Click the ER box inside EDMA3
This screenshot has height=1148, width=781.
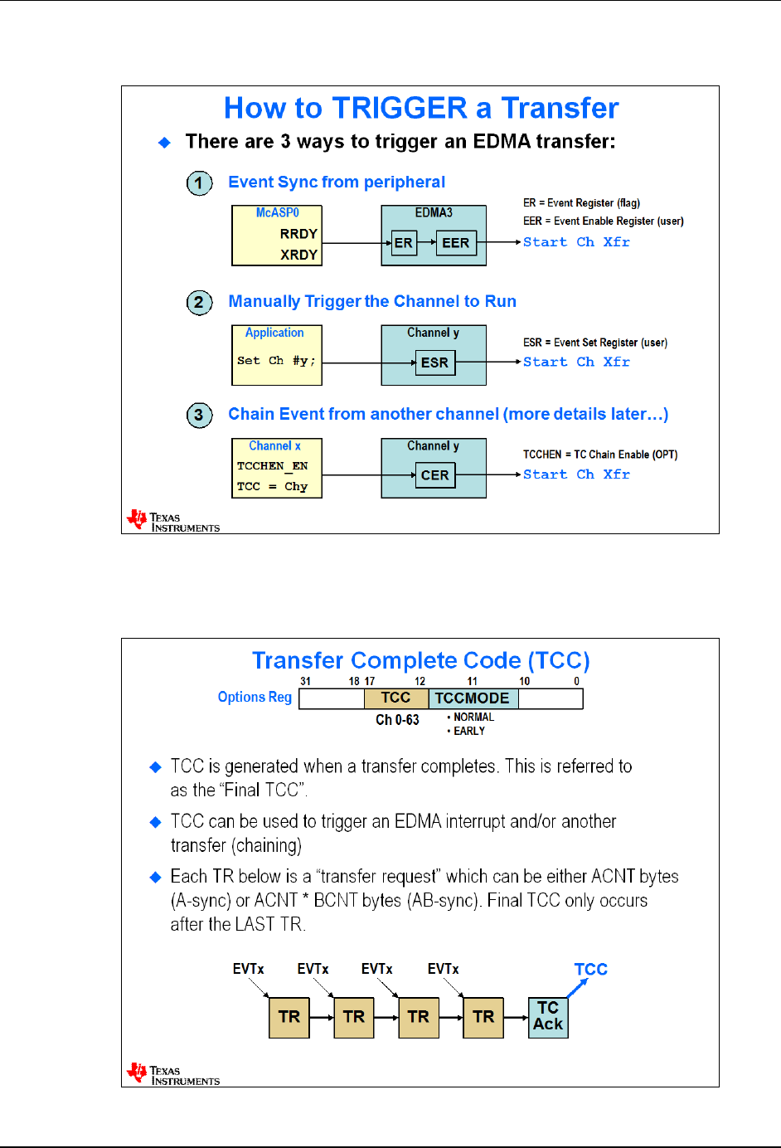pos(404,243)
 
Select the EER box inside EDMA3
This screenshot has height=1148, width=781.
pos(456,243)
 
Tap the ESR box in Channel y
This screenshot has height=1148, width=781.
pos(434,362)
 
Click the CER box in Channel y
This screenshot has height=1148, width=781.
pos(434,475)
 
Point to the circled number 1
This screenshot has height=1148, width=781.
pos(199,182)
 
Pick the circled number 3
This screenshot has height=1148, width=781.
pos(199,415)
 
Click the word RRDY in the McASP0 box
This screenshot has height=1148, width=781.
pos(298,234)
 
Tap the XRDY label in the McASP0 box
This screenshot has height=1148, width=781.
pos(298,255)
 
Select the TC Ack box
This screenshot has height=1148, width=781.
pos(548,1016)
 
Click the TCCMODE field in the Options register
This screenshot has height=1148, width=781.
pos(473,698)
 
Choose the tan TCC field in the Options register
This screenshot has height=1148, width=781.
pos(396,698)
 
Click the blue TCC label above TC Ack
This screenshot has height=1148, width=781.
pos(591,969)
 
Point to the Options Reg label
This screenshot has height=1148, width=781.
pos(255,697)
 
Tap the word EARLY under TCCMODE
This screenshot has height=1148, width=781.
pos(468,731)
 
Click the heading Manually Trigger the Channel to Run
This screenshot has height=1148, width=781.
pos(372,301)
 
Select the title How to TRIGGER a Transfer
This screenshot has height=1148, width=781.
pos(421,108)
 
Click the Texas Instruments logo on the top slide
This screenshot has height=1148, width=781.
pos(173,520)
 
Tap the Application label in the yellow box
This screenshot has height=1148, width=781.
pos(274,333)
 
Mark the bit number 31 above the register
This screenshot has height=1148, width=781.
pos(306,681)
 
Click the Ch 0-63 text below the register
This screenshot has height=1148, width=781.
pos(397,719)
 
